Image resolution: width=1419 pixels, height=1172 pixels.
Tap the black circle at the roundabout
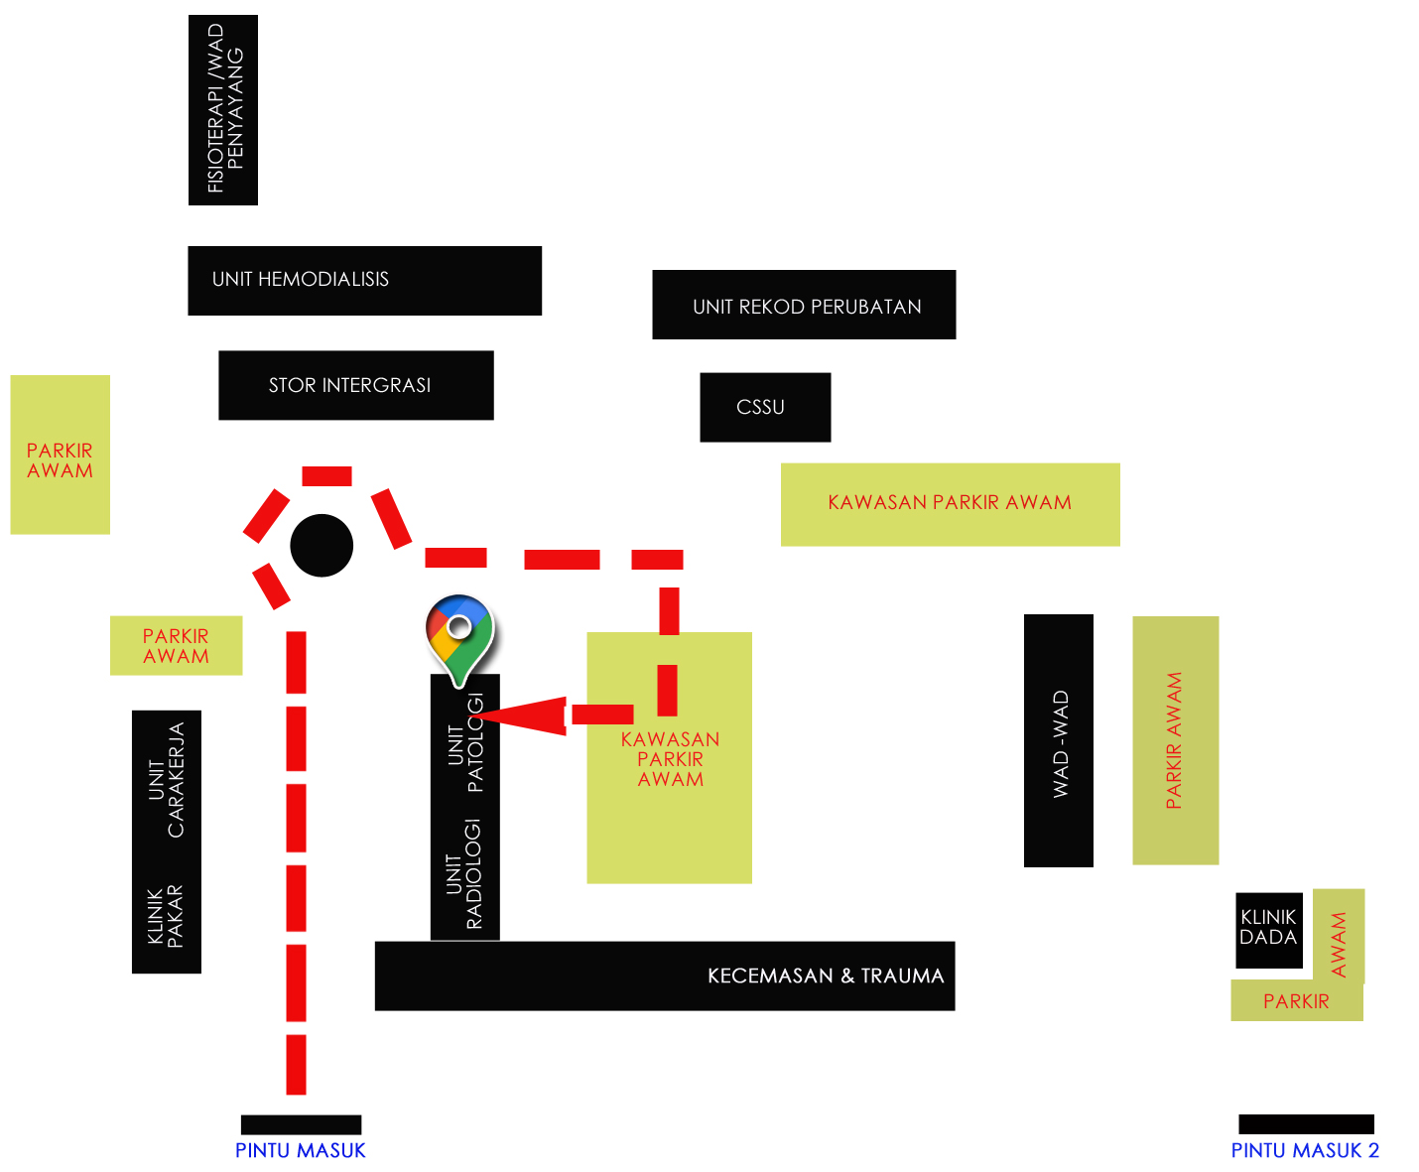pyautogui.click(x=322, y=546)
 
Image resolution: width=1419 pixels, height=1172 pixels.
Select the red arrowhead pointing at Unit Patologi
pyautogui.click(x=526, y=715)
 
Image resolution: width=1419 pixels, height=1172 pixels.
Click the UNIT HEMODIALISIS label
pyautogui.click(x=301, y=280)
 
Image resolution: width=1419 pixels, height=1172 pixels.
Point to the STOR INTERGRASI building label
pyautogui.click(x=349, y=385)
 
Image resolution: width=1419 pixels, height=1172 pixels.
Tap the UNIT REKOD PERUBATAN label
pyautogui.click(x=807, y=307)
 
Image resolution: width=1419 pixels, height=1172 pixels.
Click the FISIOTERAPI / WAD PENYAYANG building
pyautogui.click(x=223, y=110)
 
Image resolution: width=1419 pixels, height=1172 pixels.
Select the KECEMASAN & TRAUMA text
pyautogui.click(x=825, y=976)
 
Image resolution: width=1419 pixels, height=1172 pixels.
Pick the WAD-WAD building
pyautogui.click(x=1059, y=741)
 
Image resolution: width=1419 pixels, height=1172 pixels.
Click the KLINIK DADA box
pyautogui.click(x=1268, y=929)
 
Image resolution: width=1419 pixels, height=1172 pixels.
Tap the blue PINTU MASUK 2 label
pyautogui.click(x=1305, y=1150)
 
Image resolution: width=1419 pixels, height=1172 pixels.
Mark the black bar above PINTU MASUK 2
pyautogui.click(x=1306, y=1124)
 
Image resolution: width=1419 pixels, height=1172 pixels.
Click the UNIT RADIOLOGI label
pyautogui.click(x=464, y=873)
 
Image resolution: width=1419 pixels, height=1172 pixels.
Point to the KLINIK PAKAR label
pyautogui.click(x=166, y=916)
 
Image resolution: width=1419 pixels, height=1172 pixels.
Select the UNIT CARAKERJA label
pyautogui.click(x=167, y=780)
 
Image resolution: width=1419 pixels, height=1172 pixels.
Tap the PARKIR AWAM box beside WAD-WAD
pyautogui.click(x=1176, y=740)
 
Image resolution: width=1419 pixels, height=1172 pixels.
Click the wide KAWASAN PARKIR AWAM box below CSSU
pyautogui.click(x=950, y=503)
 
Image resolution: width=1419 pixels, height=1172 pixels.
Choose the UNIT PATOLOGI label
pyautogui.click(x=465, y=744)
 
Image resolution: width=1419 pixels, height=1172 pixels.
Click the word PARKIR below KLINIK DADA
pyautogui.click(x=1296, y=1001)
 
